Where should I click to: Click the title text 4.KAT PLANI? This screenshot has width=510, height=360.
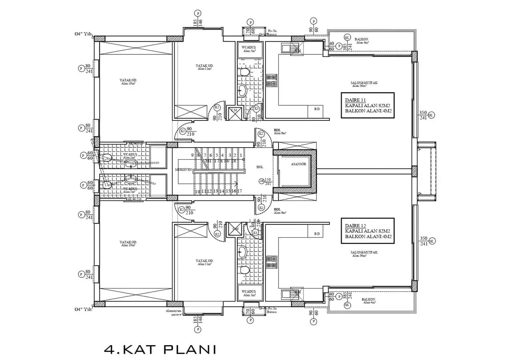pos(160,349)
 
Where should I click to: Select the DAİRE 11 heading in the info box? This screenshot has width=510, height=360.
pos(355,100)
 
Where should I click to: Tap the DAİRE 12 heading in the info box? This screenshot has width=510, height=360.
pos(355,226)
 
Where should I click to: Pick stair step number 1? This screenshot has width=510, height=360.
pos(241,155)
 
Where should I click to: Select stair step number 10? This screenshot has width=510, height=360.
pos(197,192)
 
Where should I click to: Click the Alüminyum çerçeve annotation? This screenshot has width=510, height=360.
pos(174,312)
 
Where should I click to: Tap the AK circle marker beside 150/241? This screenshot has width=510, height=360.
pos(261,181)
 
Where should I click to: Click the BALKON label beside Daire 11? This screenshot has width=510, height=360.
pos(361,39)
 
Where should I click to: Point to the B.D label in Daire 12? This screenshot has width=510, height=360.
pos(317,234)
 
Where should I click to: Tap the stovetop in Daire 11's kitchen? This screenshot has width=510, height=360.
pos(272,80)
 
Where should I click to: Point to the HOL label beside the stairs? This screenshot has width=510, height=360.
pos(260,167)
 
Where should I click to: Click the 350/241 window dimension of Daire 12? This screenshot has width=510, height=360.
pos(424,241)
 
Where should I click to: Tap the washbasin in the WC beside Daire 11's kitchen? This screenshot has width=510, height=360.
pos(243,90)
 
